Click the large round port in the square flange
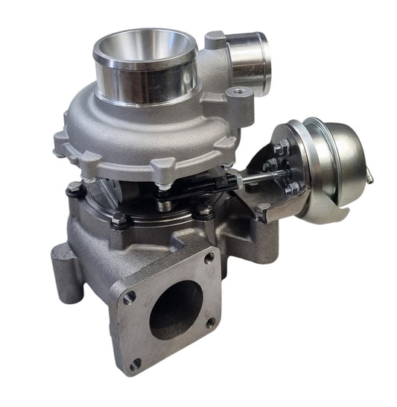pos(176,309)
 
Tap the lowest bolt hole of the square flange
pos(135,365)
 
